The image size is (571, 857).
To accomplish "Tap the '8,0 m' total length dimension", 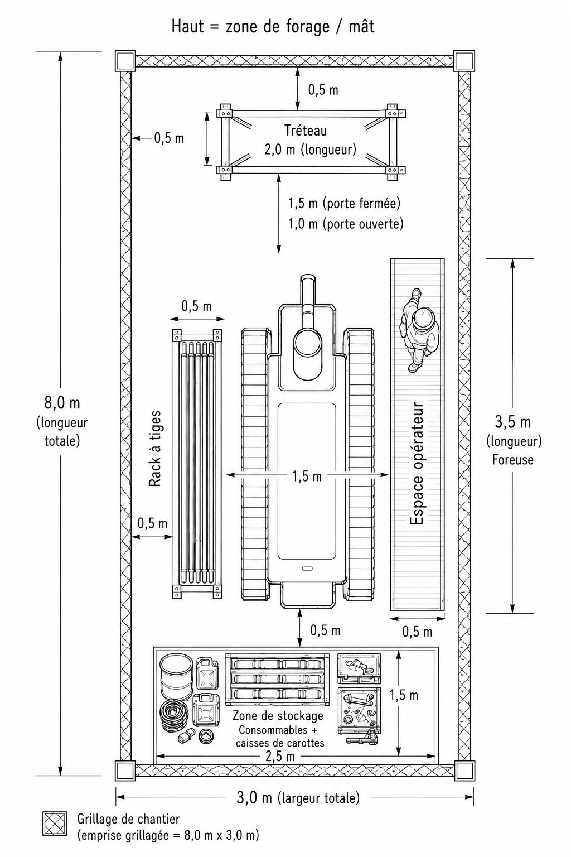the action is (x=62, y=403).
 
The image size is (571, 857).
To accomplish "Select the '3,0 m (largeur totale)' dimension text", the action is (x=298, y=798).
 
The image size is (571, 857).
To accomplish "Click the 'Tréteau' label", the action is (x=306, y=131).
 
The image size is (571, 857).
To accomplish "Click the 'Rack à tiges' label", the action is (x=155, y=449).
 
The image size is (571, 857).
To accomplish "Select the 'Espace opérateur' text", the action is (x=417, y=463).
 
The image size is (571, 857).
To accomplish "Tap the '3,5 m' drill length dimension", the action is (x=513, y=422).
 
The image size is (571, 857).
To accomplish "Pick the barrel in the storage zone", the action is (x=176, y=676).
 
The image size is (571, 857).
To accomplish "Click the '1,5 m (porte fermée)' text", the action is (x=344, y=204).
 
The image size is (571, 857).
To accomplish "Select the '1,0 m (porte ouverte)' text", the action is (x=345, y=223).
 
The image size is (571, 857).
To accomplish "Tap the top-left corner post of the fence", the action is (x=125, y=61).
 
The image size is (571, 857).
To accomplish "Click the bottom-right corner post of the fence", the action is (x=464, y=770).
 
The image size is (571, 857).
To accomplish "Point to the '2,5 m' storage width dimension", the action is (x=281, y=757).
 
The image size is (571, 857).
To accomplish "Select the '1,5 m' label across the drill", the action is (x=307, y=476).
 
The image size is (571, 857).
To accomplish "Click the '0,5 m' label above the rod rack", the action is (x=196, y=306).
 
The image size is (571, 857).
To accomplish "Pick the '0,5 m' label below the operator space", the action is (x=417, y=632).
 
